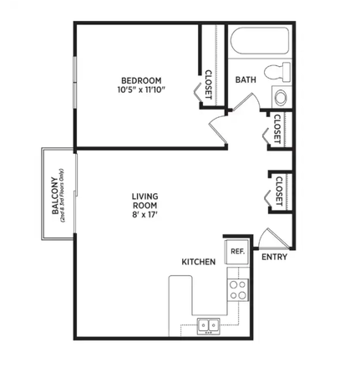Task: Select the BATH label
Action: pos(246,80)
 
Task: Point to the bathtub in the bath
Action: pos(259,43)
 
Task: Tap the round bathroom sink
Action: pos(280,97)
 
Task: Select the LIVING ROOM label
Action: pos(145,202)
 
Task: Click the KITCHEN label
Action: pos(199,262)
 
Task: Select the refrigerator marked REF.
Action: pos(236,252)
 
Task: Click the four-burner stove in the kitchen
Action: pos(238,289)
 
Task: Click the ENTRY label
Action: pos(275,257)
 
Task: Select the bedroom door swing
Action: pos(219,128)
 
